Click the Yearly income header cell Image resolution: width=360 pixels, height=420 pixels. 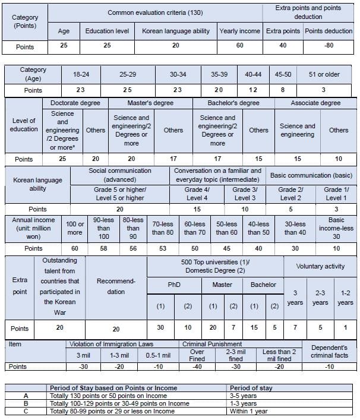tap(239, 31)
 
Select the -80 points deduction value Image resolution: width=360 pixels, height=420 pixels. tap(329, 47)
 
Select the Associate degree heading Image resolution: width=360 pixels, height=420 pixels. tap(315, 103)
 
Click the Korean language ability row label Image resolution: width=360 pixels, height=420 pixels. tap(29, 184)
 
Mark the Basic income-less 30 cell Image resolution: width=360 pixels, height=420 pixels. tap(336, 228)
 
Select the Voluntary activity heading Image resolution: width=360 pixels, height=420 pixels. tap(320, 267)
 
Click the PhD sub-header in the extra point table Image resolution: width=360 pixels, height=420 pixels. tap(174, 285)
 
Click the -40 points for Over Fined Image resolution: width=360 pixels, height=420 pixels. tap(197, 367)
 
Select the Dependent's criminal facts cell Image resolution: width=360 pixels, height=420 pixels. tap(330, 350)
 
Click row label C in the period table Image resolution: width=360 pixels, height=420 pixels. tap(25, 410)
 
